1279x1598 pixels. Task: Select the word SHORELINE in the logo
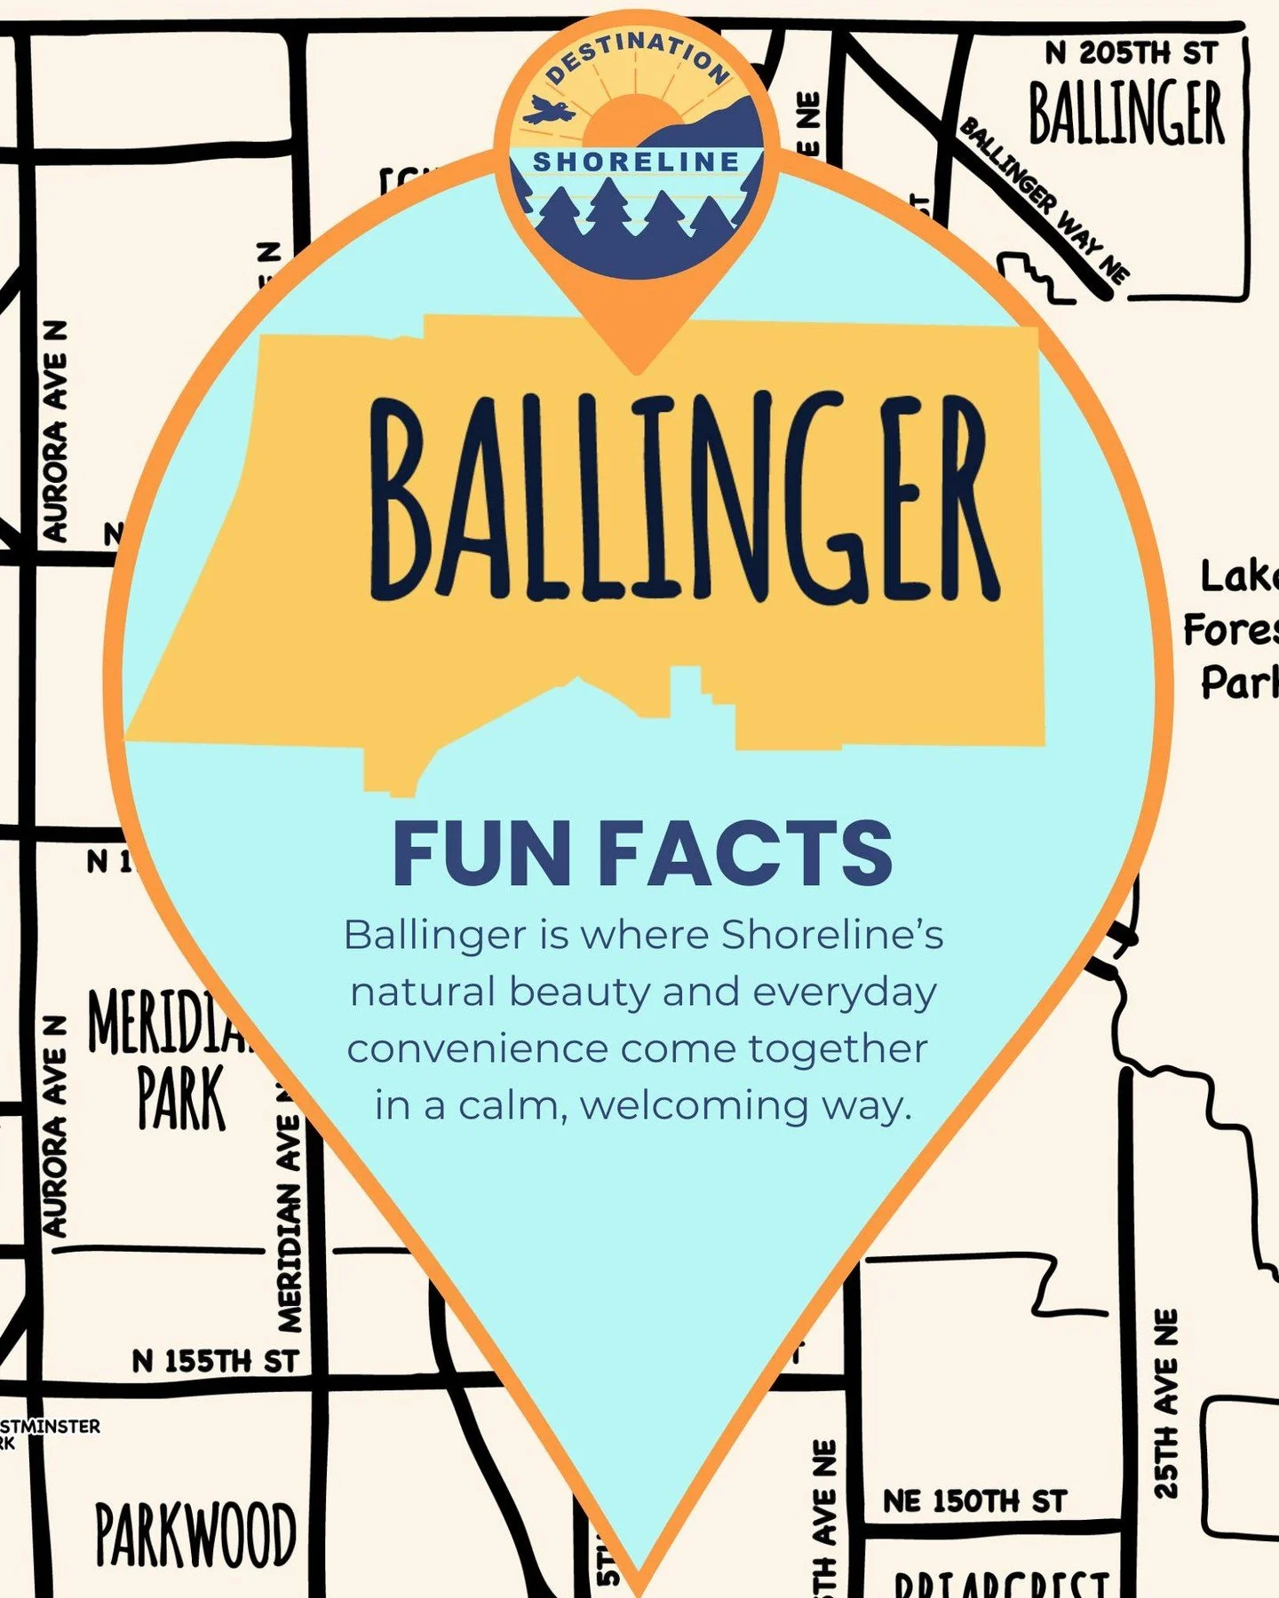tap(636, 162)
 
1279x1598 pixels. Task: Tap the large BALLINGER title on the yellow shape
tap(684, 497)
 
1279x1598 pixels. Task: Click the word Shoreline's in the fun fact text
tap(831, 935)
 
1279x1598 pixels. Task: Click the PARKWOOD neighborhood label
tap(195, 1534)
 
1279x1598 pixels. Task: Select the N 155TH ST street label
tap(215, 1362)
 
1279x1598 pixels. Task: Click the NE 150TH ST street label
tap(974, 1501)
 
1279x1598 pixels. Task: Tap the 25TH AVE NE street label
tap(1165, 1403)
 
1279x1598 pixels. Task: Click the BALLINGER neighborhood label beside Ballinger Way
tap(1126, 114)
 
